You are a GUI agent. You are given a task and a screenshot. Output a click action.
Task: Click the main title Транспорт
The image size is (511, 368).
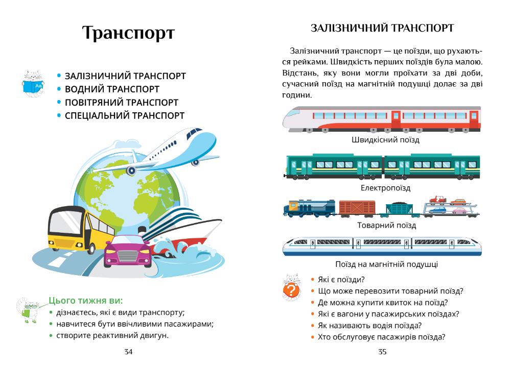128,34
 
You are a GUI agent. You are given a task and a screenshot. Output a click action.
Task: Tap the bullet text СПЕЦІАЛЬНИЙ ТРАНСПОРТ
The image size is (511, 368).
124,116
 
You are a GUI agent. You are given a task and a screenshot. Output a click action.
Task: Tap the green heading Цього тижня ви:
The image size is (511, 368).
86,301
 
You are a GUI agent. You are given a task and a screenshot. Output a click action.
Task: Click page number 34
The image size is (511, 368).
128,352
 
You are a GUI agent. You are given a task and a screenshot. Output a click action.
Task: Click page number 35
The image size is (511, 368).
382,352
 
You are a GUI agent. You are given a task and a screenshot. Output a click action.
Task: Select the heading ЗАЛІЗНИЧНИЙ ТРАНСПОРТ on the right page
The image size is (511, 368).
382,29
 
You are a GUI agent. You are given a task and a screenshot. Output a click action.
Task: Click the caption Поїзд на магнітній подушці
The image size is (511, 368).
386,264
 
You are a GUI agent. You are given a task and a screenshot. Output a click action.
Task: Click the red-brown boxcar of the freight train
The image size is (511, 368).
357,207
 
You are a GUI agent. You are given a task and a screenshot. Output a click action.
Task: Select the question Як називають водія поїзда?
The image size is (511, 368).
369,325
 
